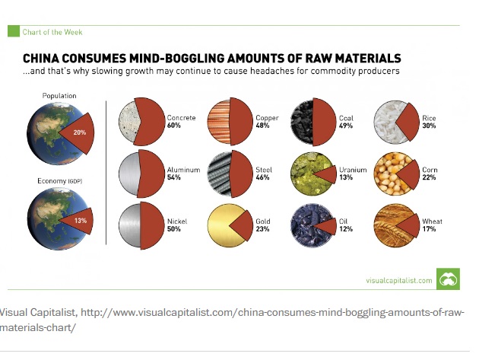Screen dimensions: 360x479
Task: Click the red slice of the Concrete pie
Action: (153, 122)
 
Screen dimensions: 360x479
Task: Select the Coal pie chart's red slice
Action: (324, 122)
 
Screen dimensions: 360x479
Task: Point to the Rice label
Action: (428, 118)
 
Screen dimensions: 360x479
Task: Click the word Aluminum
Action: (182, 170)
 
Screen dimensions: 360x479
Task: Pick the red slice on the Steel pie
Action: (239, 174)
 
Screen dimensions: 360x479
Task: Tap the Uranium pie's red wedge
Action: (326, 174)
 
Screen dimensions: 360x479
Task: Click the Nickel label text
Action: (176, 221)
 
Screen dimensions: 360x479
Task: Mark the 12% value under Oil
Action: (345, 230)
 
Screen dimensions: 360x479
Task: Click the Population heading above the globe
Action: (59, 96)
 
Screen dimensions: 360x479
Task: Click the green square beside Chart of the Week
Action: (13, 31)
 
